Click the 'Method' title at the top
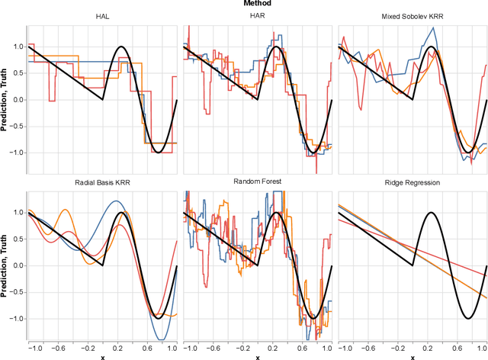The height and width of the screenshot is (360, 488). (x=258, y=4)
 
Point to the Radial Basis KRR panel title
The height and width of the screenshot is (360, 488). (x=102, y=183)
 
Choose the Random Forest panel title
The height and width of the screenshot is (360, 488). (x=257, y=183)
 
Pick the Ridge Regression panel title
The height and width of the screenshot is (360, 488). (x=412, y=183)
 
